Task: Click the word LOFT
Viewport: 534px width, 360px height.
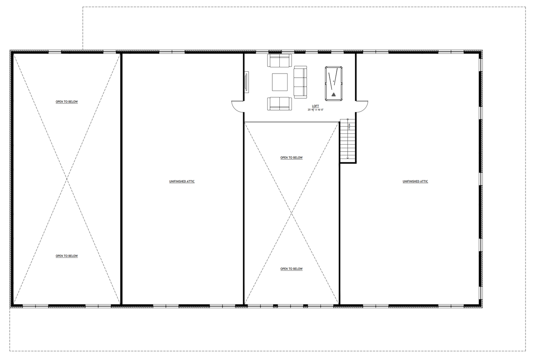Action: point(315,106)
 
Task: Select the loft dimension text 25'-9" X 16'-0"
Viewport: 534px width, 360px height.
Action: point(315,110)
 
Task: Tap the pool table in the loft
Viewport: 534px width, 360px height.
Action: point(333,84)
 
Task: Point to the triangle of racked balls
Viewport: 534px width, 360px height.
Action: point(334,95)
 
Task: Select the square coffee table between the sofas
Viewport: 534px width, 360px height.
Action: point(280,82)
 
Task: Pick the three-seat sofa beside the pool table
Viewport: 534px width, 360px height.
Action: point(300,82)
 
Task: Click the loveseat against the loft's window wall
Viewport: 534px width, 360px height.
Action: point(279,61)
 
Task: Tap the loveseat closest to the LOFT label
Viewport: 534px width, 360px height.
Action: point(279,103)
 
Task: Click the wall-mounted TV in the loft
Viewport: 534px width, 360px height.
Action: point(246,82)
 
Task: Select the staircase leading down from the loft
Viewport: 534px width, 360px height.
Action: point(348,140)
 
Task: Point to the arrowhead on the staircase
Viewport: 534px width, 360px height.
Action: point(348,158)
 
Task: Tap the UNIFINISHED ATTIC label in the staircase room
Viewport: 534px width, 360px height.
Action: point(415,181)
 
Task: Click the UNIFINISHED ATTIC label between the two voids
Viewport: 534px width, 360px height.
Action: point(182,181)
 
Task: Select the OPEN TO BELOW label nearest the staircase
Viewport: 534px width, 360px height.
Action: point(291,158)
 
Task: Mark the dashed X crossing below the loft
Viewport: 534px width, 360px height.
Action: point(292,213)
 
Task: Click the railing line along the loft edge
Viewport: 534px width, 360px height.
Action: point(292,122)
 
